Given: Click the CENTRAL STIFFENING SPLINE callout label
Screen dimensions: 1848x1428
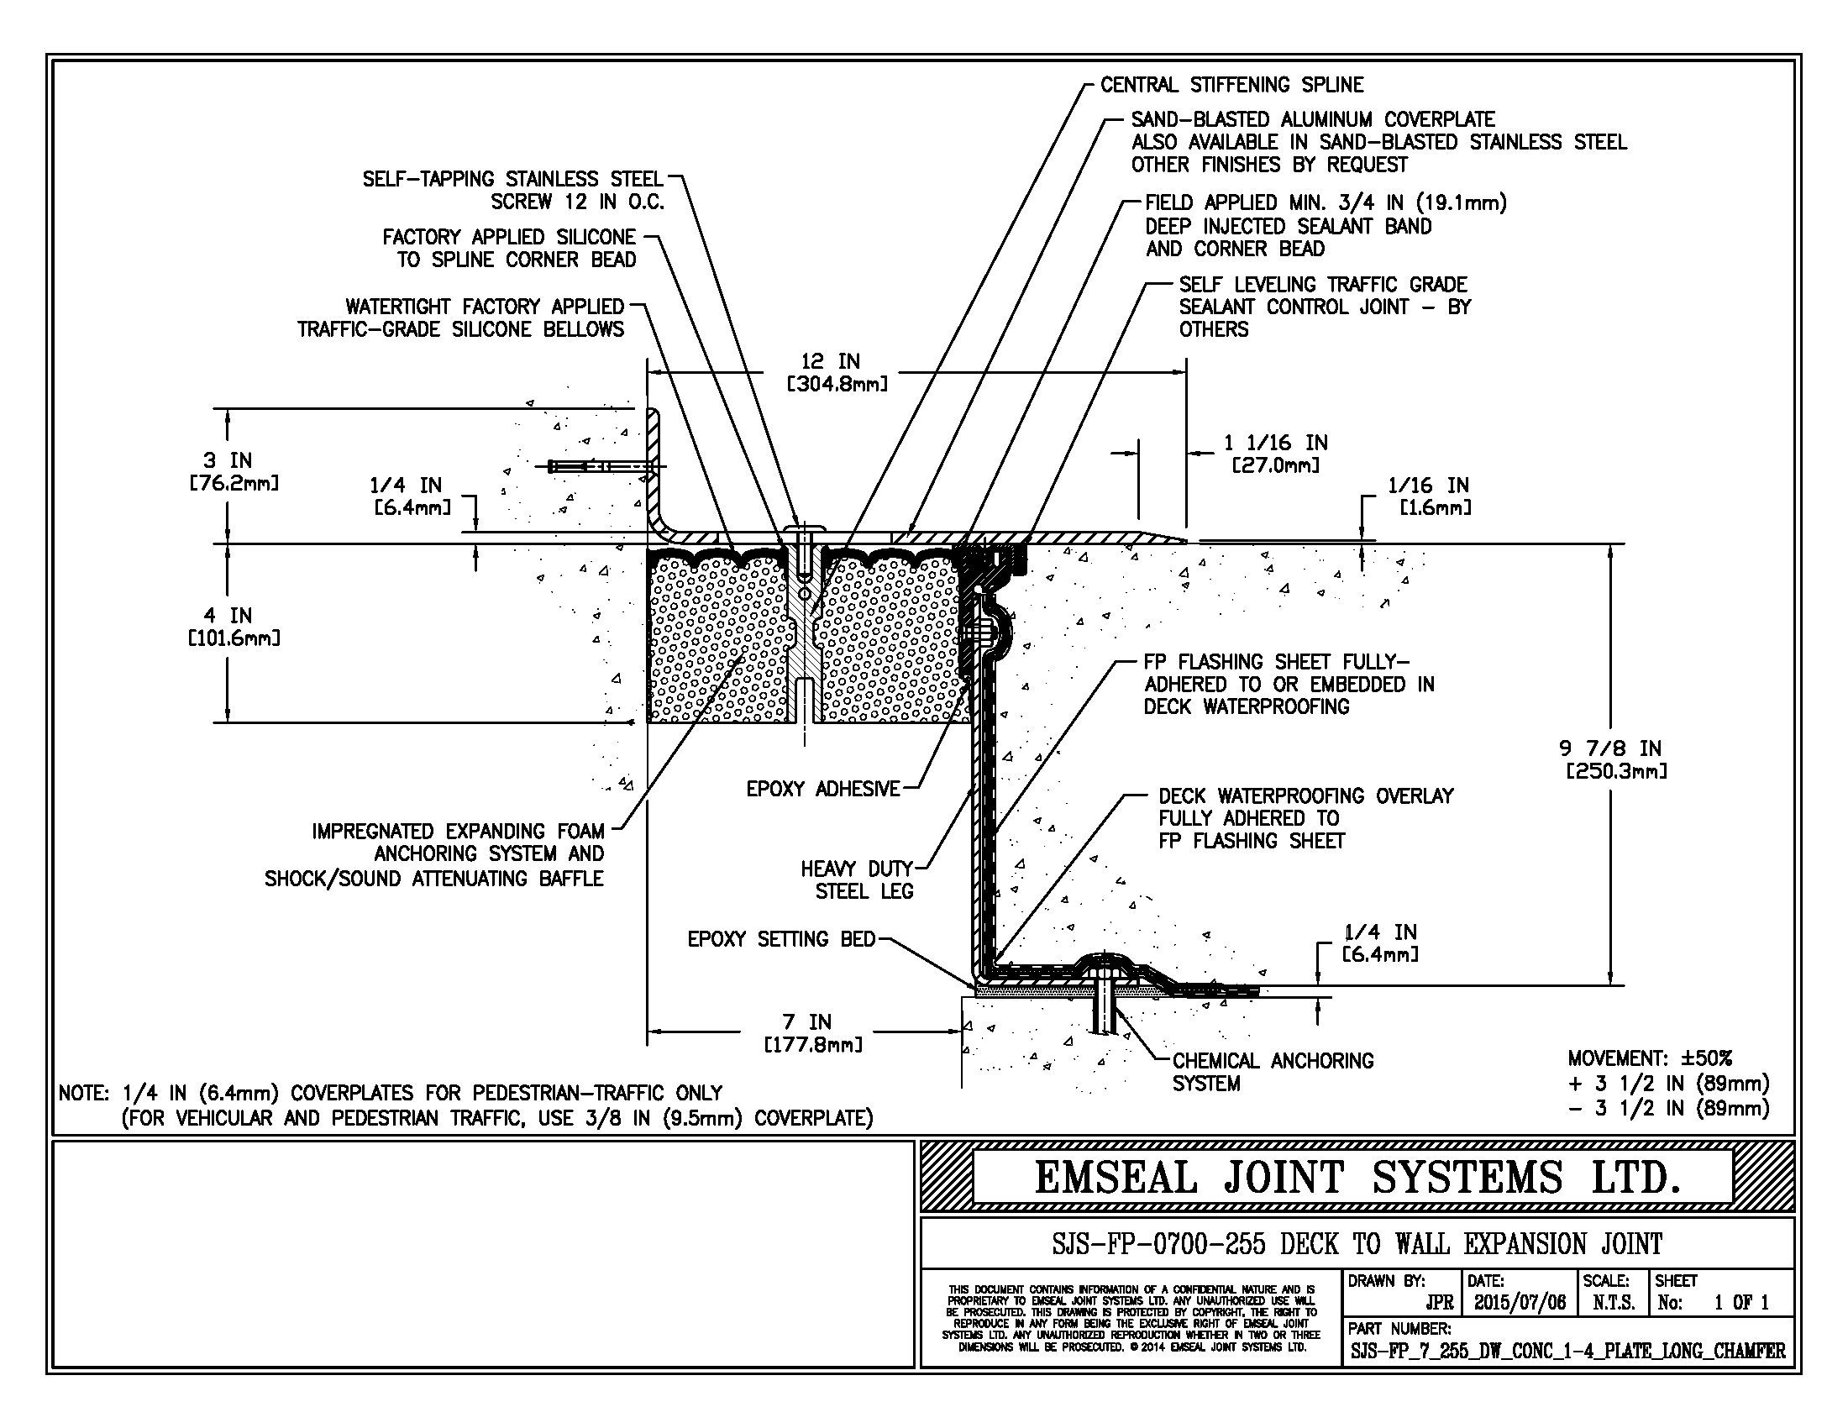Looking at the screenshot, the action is pyautogui.click(x=1231, y=85).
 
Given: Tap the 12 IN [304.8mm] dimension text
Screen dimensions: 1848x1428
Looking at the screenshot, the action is pyautogui.click(x=837, y=373).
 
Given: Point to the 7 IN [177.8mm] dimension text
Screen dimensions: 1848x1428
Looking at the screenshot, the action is pyautogui.click(x=813, y=1033).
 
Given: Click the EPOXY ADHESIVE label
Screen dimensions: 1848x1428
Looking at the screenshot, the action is pyautogui.click(x=822, y=790).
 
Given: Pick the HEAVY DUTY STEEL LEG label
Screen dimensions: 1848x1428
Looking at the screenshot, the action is pyautogui.click(x=857, y=879).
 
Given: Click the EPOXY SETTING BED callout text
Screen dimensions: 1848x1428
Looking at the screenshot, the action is pyautogui.click(x=781, y=939).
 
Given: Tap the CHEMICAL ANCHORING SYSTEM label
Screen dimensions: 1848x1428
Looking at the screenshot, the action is pyautogui.click(x=1273, y=1072).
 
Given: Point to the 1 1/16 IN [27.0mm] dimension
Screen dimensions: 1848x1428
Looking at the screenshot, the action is pyautogui.click(x=1275, y=454).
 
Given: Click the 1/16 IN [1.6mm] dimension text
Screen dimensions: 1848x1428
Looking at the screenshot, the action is pyautogui.click(x=1429, y=496).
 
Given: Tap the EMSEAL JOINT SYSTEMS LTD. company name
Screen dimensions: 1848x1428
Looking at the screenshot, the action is pyautogui.click(x=1357, y=1177).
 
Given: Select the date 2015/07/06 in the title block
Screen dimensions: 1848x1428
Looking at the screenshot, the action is pyautogui.click(x=1520, y=1302).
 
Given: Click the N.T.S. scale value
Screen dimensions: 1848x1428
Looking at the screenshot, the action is pyautogui.click(x=1614, y=1303).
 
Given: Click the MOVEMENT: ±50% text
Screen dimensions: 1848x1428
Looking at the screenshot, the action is pyautogui.click(x=1650, y=1058).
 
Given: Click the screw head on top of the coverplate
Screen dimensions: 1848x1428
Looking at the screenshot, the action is pyautogui.click(x=804, y=527).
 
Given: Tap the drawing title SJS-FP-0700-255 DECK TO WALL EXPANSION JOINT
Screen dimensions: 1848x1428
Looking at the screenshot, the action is pyautogui.click(x=1357, y=1243).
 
